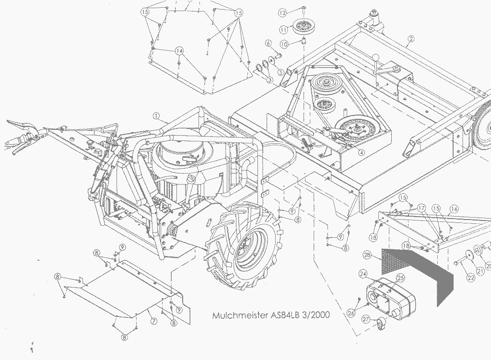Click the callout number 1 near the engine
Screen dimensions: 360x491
(156, 116)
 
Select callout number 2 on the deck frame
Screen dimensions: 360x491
(411, 39)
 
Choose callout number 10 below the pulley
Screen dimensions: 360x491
(284, 44)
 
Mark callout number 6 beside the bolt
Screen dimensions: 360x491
(269, 44)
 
